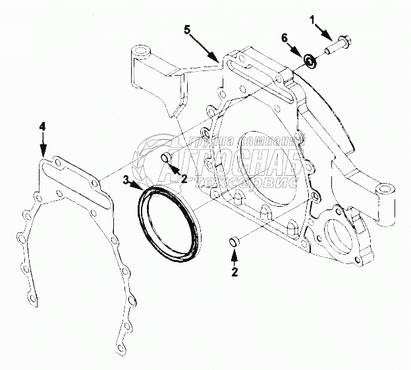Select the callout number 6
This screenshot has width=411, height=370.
click(x=285, y=39)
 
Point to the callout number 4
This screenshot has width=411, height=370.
click(x=42, y=125)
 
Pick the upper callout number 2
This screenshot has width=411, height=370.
click(x=184, y=178)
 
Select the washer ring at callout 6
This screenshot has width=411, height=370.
click(x=309, y=61)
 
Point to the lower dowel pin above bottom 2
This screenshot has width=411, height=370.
click(x=233, y=242)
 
